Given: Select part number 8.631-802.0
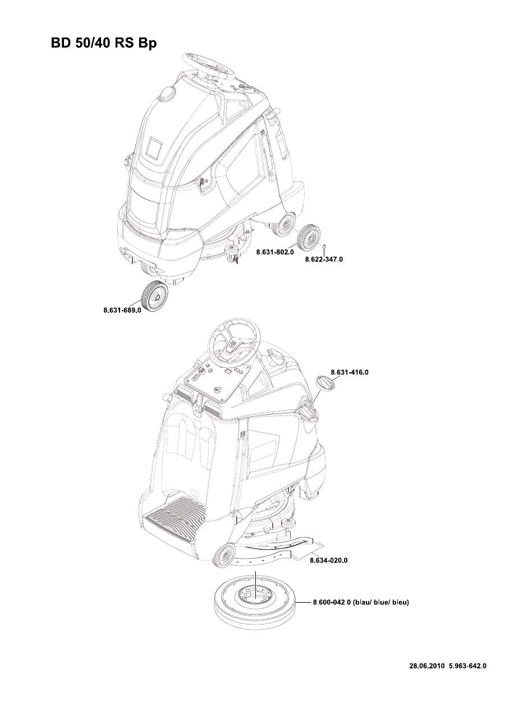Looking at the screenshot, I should pos(275,253).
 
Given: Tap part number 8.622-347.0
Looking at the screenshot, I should pos(324,260).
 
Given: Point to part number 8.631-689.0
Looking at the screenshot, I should pos(122,309).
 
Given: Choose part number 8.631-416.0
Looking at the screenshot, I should pos(349,372).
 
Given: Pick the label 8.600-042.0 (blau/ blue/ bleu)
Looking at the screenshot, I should pos(360,603).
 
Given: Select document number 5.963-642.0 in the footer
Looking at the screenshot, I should pos(467,666).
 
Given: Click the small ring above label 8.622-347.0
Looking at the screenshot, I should pos(325,245).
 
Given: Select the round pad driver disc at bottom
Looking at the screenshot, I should pos(255,602).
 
